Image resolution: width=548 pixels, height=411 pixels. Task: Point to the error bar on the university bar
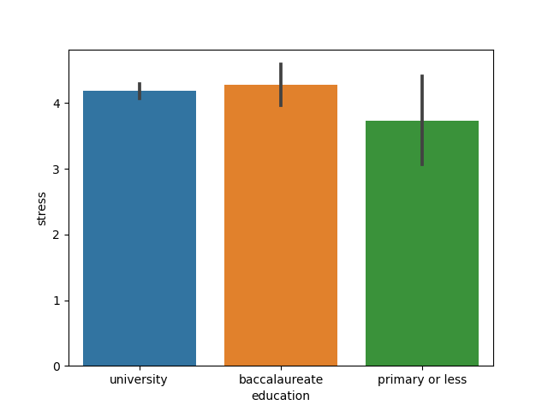pos(140,91)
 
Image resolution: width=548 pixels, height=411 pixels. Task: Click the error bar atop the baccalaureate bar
pos(281,84)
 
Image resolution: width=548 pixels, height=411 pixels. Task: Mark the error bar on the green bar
pos(422,120)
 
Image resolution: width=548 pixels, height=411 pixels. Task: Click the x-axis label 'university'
pos(139,379)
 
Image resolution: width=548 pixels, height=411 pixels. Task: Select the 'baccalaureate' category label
pos(281,379)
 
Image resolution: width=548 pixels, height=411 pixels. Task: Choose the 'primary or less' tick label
pos(422,379)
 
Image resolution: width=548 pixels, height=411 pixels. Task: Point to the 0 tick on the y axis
pos(57,366)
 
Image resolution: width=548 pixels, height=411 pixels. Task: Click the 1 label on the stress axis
pos(57,301)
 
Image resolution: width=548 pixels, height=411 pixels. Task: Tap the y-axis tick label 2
pos(57,235)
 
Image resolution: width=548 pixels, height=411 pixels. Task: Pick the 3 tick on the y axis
pos(57,170)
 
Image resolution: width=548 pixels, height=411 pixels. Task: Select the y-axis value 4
pos(57,104)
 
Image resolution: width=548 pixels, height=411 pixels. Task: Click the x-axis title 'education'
pos(281,396)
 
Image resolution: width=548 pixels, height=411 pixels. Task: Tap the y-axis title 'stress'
pos(42,208)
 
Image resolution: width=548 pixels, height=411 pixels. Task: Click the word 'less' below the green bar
pos(454,379)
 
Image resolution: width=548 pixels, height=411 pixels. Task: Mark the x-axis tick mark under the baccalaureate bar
pos(281,368)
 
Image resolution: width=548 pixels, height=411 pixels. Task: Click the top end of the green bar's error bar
pos(422,76)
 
